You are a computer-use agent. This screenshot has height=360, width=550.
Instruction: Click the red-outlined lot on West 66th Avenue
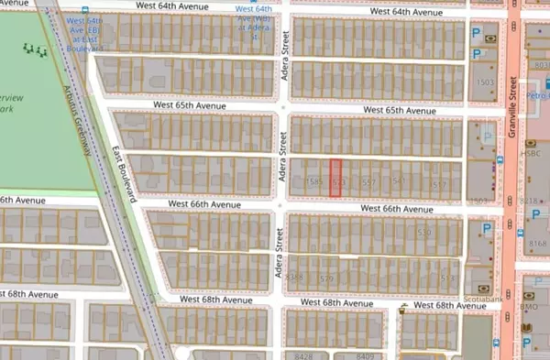point(335,179)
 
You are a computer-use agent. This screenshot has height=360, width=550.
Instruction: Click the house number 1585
point(316,183)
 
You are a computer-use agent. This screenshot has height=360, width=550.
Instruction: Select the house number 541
point(399,182)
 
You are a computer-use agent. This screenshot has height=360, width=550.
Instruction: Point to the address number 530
point(424,233)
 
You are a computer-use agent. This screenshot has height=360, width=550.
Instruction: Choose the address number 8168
point(537,244)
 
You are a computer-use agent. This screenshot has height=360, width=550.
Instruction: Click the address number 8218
point(529,200)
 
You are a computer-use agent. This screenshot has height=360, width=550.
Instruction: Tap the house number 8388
point(294,276)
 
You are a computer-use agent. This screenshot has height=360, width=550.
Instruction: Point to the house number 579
point(327,278)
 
